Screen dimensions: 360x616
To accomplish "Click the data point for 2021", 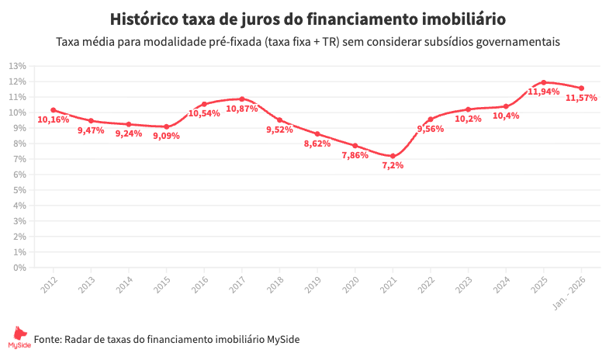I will pos(393,156).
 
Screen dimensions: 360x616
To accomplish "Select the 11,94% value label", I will pos(543,92).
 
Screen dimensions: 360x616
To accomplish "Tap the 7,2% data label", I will pos(393,166).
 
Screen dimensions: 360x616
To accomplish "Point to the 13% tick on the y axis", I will pos(18,66).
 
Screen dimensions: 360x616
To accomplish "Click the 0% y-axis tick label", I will pos(20,268).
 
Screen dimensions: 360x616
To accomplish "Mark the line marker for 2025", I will pos(544,82).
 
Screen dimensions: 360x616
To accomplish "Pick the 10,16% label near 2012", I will pos(53,119).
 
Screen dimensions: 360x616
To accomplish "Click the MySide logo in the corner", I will pos(16,338).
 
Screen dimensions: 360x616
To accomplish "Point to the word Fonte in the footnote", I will pos(47,339).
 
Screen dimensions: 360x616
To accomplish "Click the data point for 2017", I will pos(242,99).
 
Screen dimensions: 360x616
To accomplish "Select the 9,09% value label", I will pos(166,136).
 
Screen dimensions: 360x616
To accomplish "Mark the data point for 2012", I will pos(53,110).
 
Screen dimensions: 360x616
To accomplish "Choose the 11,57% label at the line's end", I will pos(581,98).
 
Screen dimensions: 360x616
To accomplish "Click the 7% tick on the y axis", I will pos(20,159).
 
